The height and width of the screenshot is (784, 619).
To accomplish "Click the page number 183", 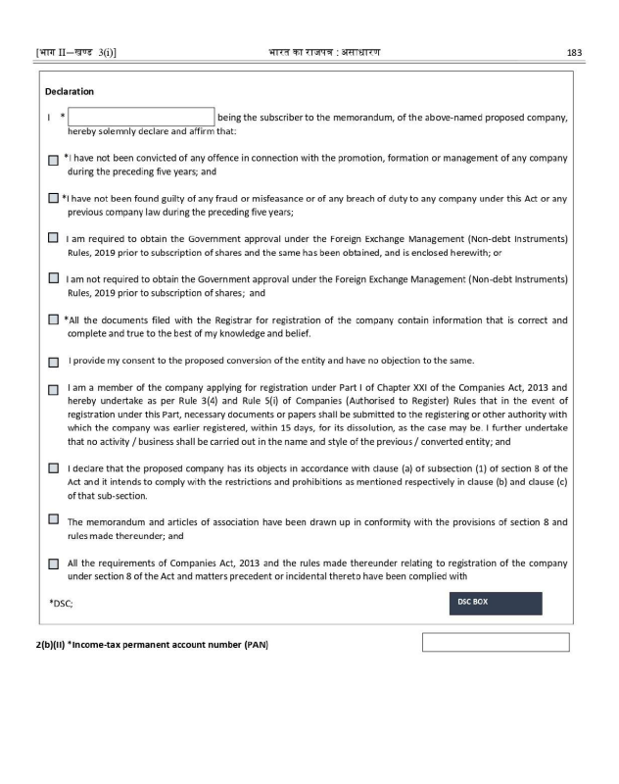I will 576,53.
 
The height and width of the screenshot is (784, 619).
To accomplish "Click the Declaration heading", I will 70,92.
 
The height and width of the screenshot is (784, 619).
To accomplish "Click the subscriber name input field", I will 141,118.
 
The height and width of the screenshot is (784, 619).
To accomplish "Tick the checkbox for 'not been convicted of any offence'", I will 53,159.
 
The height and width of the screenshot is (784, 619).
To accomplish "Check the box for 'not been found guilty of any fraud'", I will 53,199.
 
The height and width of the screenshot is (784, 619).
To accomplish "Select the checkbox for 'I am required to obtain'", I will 53,238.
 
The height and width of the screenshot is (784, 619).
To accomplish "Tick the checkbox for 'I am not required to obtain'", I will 53,278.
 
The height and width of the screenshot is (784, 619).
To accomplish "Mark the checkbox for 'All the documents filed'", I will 53,319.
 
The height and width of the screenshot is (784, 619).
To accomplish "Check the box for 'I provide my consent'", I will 53,362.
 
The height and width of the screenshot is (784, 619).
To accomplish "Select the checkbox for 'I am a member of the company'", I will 53,389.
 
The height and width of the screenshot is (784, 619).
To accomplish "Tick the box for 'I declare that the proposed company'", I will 53,467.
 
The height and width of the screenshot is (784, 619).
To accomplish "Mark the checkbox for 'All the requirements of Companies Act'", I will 53,563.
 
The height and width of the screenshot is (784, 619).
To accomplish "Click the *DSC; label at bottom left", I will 61,604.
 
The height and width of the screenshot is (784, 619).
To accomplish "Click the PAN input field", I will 496,643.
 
